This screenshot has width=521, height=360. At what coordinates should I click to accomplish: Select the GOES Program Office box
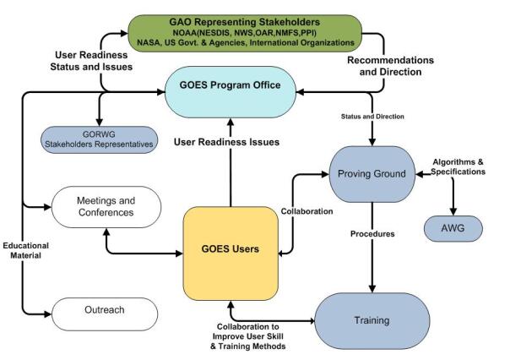tap(230, 87)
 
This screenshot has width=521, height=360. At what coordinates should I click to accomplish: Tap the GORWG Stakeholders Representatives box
tap(99, 139)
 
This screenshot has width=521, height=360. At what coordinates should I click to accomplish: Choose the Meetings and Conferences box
tap(106, 206)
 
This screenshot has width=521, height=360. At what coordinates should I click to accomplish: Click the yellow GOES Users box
tap(231, 249)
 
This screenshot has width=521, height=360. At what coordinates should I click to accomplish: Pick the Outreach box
tap(106, 310)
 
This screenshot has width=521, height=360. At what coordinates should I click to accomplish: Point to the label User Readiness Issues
tap(226, 142)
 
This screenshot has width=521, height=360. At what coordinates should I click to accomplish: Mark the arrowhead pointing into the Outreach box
tap(47, 313)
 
